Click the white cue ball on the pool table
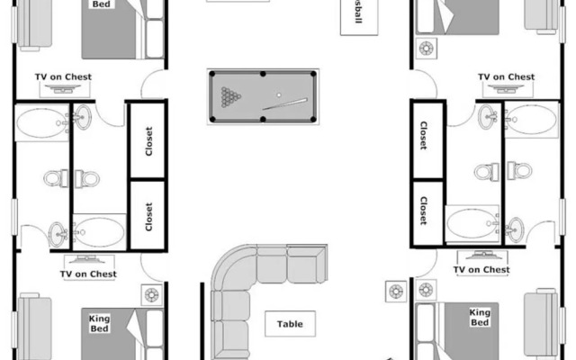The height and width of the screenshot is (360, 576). pos(279,94)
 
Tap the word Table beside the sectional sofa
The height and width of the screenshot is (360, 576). pos(290,324)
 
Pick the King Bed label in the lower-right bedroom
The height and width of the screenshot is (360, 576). pos(480,317)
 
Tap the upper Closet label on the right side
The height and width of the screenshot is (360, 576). pos(423,136)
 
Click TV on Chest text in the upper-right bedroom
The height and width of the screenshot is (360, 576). pos(506,77)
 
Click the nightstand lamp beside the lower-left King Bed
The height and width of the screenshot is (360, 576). pos(150,293)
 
